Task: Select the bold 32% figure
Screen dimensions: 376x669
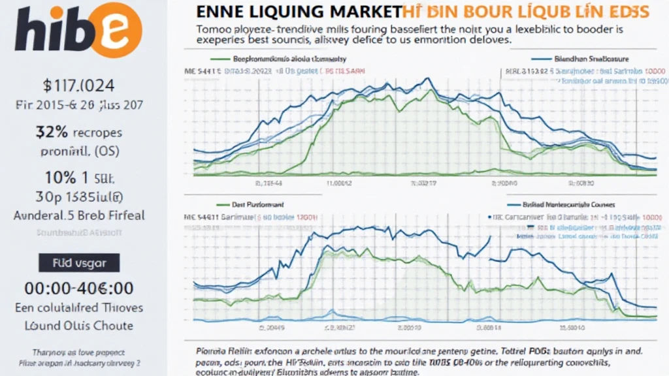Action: coord(51,131)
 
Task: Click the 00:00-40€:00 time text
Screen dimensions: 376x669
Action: coord(79,288)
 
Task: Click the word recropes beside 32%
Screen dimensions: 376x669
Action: coord(96,133)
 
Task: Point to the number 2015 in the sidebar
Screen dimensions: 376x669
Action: coord(60,104)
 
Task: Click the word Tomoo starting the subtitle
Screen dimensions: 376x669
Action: coord(215,29)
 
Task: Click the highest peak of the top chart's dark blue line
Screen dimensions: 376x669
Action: coord(429,79)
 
